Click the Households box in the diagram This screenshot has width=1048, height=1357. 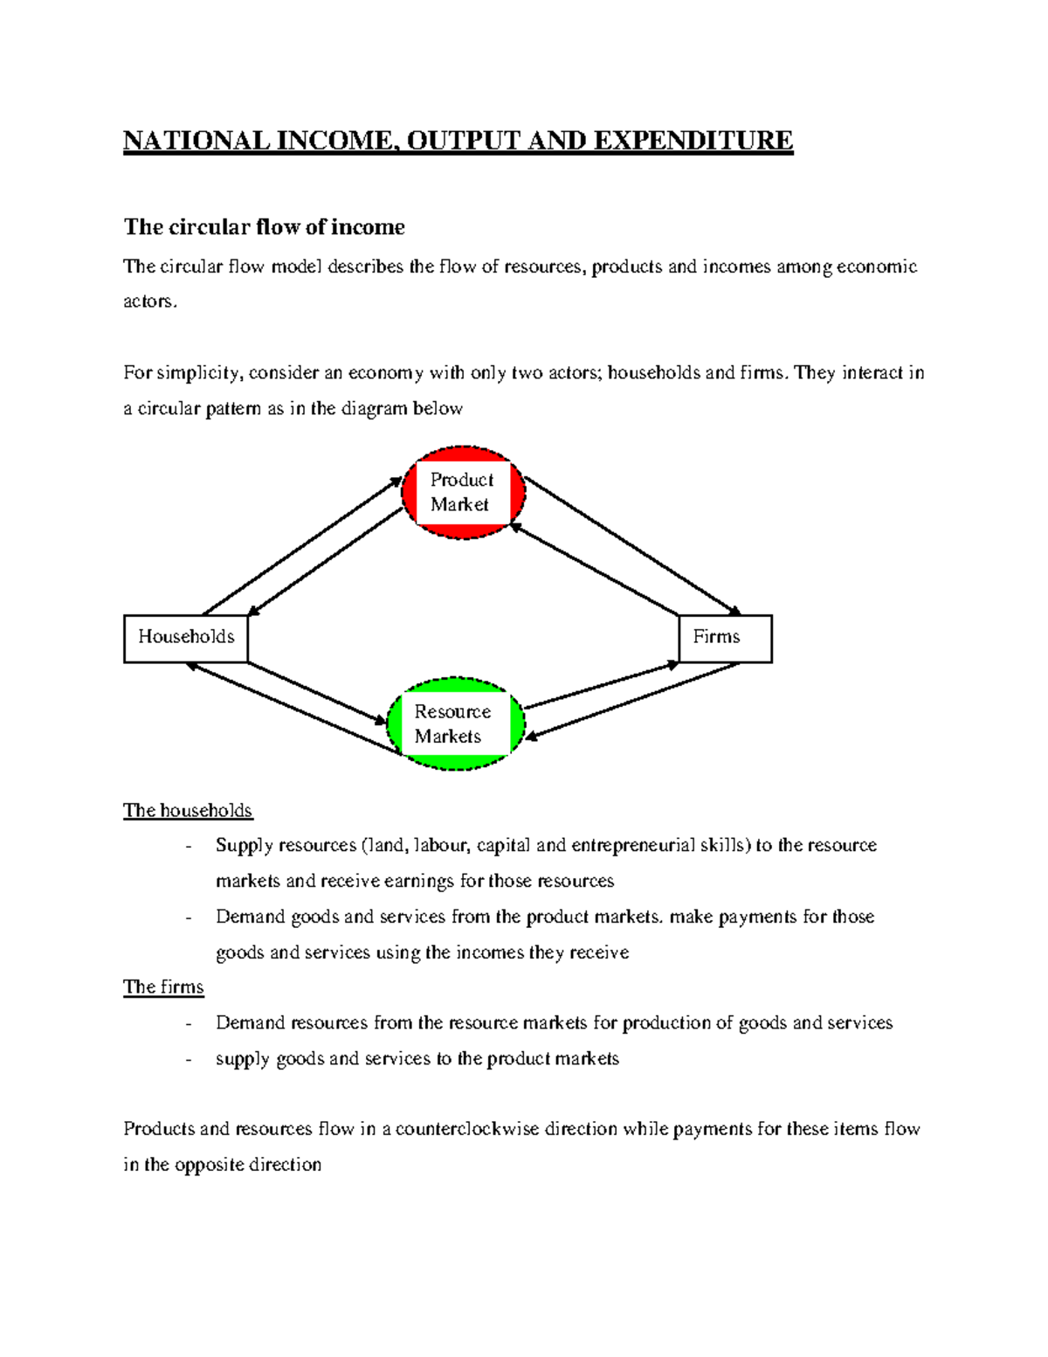(x=185, y=638)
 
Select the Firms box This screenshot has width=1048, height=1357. (x=725, y=638)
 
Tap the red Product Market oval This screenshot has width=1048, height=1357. (x=463, y=493)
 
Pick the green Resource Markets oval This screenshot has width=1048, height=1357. (x=454, y=724)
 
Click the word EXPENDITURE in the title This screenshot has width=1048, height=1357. (x=693, y=141)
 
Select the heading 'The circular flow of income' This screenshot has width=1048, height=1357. (x=264, y=227)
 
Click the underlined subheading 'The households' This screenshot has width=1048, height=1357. (x=188, y=811)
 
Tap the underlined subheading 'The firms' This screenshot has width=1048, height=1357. (x=163, y=987)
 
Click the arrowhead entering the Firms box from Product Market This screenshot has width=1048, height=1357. (x=735, y=612)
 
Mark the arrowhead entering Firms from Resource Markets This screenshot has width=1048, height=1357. (x=672, y=666)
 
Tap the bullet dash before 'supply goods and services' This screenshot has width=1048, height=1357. (x=189, y=1059)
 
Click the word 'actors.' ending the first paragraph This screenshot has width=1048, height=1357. (x=150, y=302)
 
